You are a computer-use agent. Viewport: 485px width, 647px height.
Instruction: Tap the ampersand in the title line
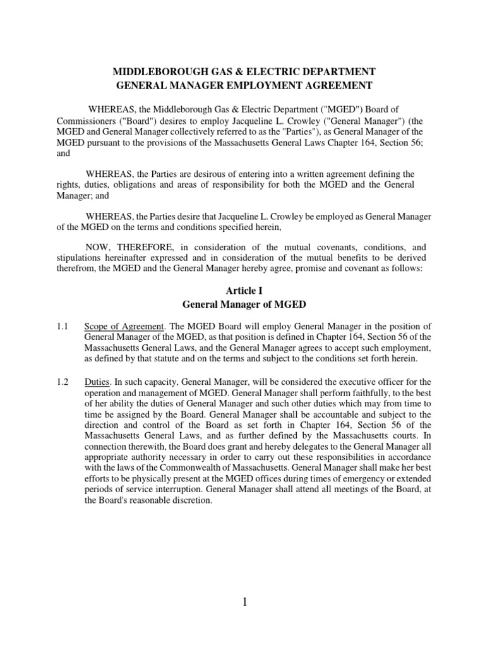coord(234,71)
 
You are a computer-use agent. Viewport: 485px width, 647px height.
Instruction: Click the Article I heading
coord(244,290)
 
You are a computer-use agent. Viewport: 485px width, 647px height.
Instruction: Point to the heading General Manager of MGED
coord(244,304)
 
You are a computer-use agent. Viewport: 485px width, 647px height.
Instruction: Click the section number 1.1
coord(61,326)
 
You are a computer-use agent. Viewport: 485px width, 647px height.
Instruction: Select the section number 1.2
coord(61,381)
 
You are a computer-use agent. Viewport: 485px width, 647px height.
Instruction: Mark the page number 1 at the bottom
coord(244,603)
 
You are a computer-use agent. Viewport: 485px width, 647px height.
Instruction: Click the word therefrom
coord(73,269)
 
